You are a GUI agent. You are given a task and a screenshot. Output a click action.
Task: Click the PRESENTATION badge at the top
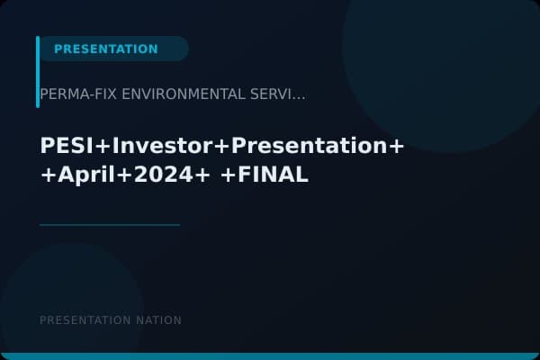106,49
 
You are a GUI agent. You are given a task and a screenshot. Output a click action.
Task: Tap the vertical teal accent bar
38,72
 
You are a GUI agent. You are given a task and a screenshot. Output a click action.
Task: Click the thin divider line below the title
110,225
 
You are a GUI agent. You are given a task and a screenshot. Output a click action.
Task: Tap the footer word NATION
159,320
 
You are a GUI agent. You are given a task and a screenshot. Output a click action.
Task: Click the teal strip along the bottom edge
270,356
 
